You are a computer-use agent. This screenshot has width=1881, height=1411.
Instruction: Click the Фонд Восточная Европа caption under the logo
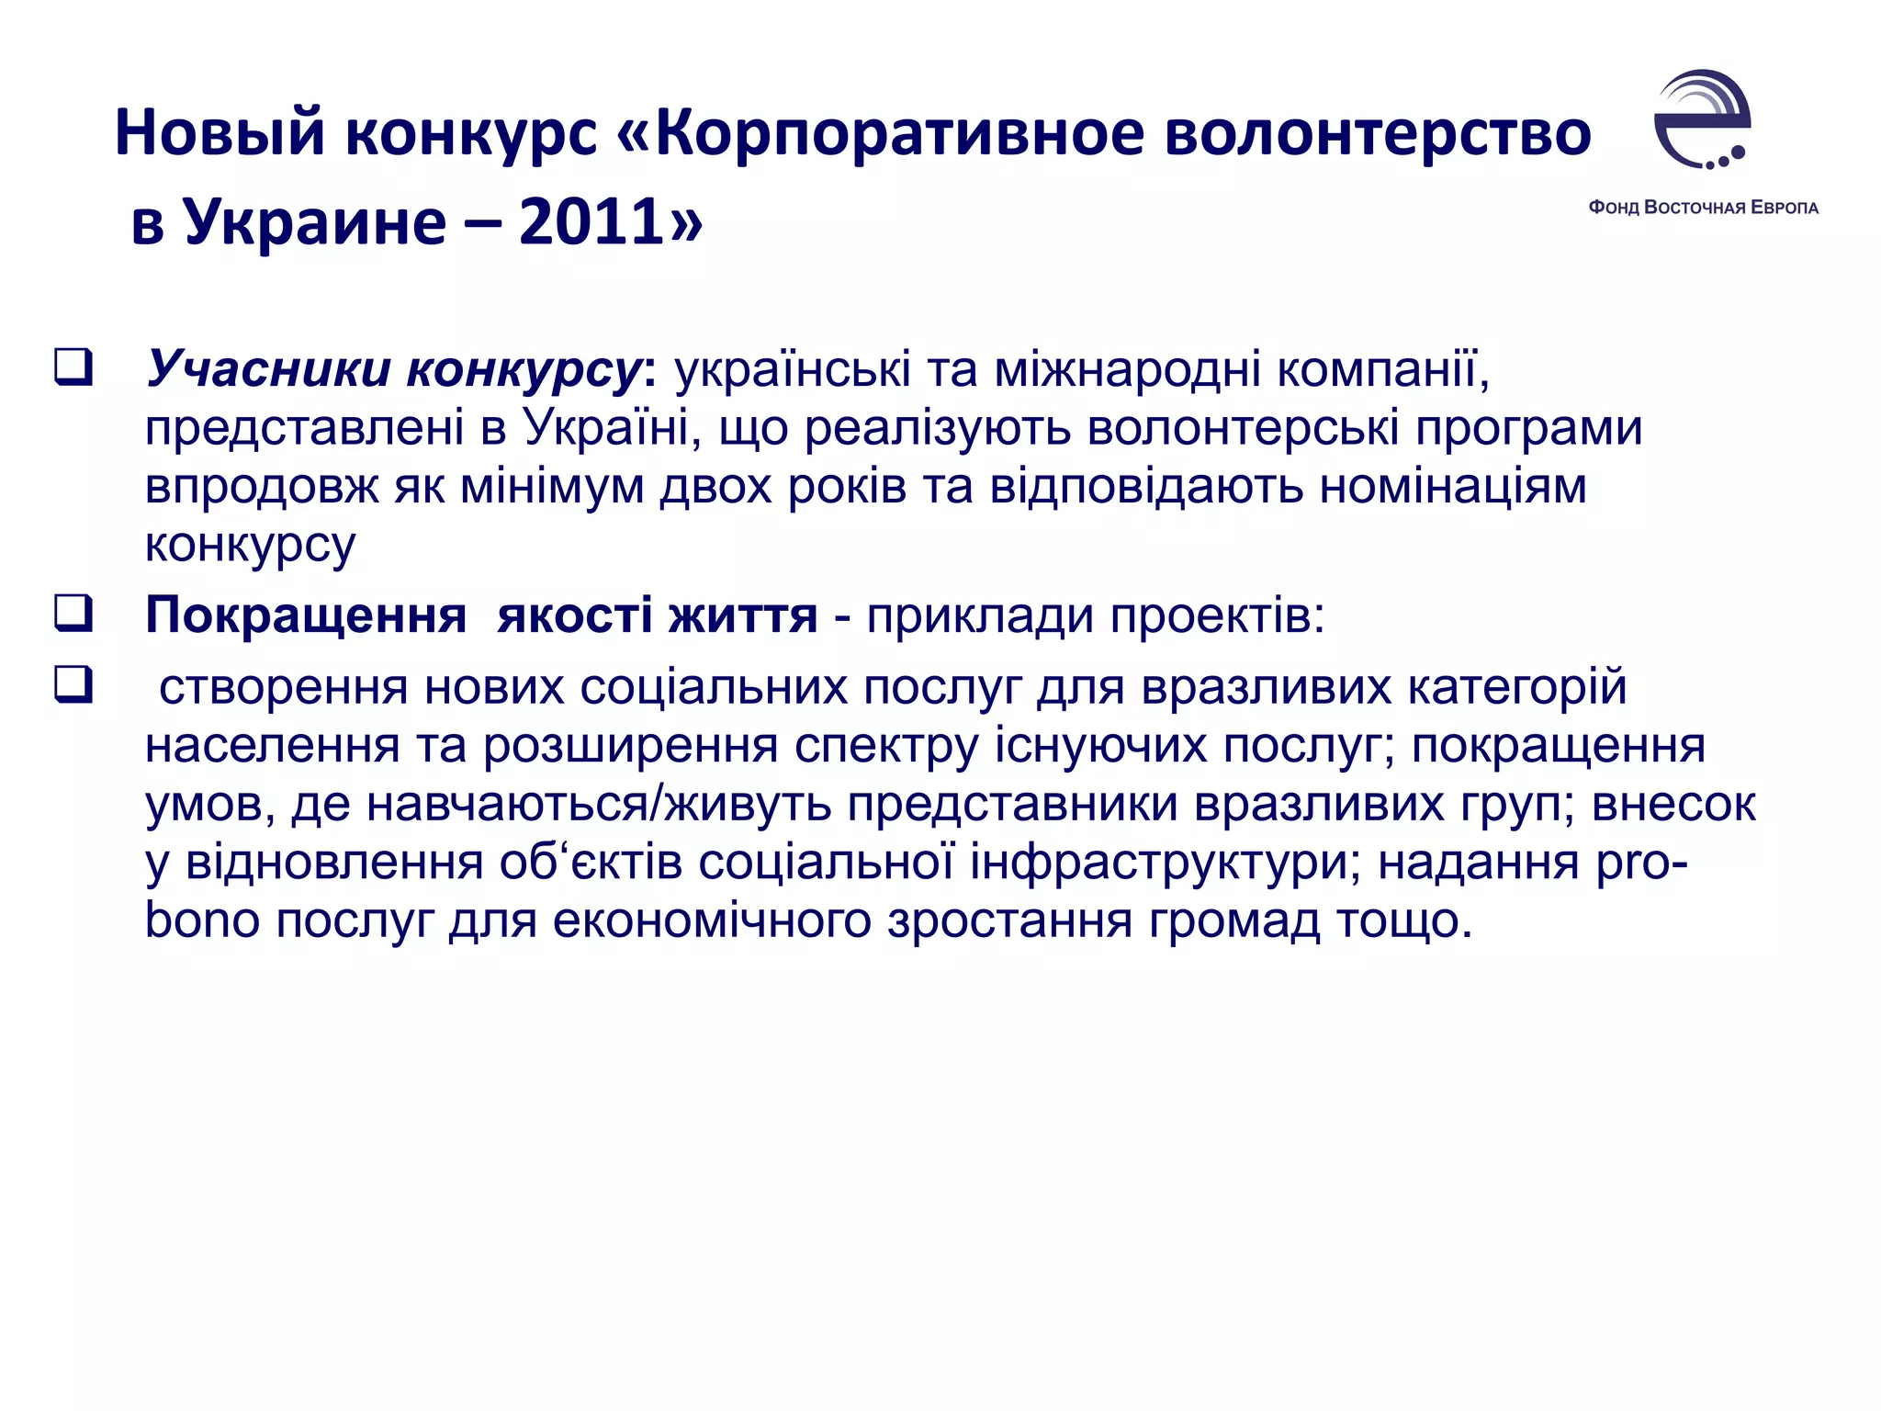pyautogui.click(x=1703, y=208)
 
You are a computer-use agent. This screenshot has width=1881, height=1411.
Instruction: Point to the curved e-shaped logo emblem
pyautogui.click(x=1702, y=119)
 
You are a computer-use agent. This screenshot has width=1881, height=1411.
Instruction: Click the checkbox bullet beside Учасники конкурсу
pyautogui.click(x=73, y=367)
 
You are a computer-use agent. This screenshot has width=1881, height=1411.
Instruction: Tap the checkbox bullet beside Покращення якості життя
pyautogui.click(x=73, y=613)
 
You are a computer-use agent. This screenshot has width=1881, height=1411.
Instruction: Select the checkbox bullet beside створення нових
pyautogui.click(x=73, y=684)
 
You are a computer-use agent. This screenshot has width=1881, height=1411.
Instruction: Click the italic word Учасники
pyautogui.click(x=267, y=369)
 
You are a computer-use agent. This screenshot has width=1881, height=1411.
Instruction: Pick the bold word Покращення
pyautogui.click(x=306, y=615)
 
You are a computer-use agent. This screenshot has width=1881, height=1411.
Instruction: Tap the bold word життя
pyautogui.click(x=742, y=615)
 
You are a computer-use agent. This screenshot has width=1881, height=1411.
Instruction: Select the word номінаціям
pyautogui.click(x=1453, y=487)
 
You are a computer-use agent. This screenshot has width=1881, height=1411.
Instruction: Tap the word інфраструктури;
pyautogui.click(x=1166, y=863)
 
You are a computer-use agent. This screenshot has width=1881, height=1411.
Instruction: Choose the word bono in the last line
pyautogui.click(x=202, y=921)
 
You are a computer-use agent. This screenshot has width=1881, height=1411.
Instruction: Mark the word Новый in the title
pyautogui.click(x=220, y=133)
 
